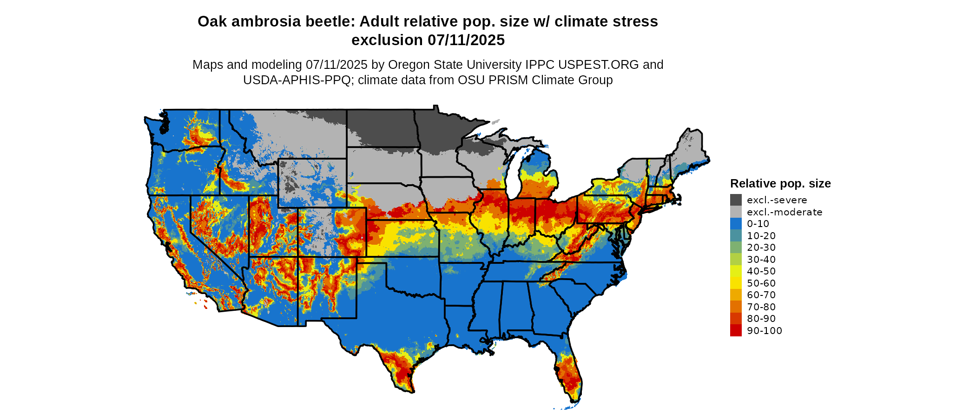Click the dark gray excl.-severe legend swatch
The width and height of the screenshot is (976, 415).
coord(736,200)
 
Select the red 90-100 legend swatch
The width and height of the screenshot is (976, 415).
coord(736,330)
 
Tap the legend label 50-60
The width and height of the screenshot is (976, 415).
coord(761,283)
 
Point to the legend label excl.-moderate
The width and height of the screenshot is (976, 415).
coord(785,212)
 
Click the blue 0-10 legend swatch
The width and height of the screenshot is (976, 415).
coord(736,224)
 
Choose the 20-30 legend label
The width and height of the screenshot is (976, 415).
coord(761,248)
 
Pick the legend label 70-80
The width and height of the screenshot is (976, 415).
coord(761,307)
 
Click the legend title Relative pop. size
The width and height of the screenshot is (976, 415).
coord(780,183)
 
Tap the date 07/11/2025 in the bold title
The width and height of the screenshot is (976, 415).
coord(466,40)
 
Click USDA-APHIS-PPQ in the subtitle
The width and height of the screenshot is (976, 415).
coord(297,80)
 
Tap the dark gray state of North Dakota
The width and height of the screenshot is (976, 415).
coord(381,128)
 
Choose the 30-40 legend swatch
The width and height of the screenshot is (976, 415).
coord(736,259)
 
